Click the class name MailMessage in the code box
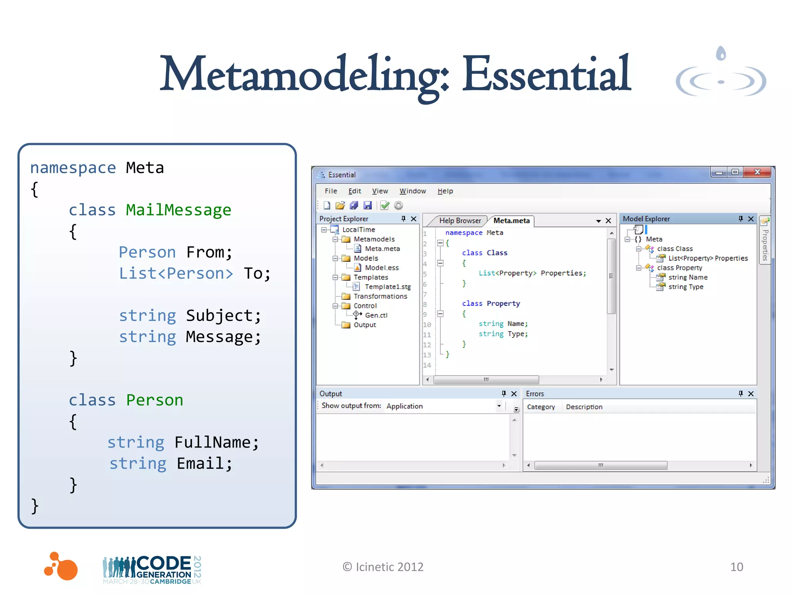click(x=178, y=210)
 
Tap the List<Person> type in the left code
click(x=176, y=273)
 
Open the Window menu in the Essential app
click(x=412, y=191)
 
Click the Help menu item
click(x=445, y=191)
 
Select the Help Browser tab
click(x=460, y=220)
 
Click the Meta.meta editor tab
click(x=511, y=220)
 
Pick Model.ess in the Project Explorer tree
click(x=382, y=268)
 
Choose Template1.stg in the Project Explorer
click(x=387, y=287)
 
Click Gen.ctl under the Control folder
click(x=376, y=315)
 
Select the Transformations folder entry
click(x=380, y=296)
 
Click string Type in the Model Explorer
click(x=686, y=287)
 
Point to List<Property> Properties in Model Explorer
click(x=708, y=258)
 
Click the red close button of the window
click(x=757, y=172)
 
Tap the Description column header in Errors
click(x=584, y=407)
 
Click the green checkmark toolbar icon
click(x=385, y=205)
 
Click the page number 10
click(x=737, y=567)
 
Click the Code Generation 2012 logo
click(x=152, y=569)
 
